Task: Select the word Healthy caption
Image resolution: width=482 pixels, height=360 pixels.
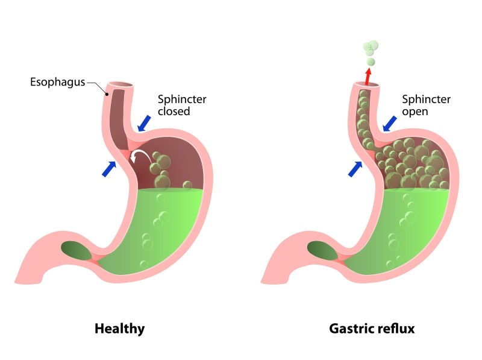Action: coord(120,329)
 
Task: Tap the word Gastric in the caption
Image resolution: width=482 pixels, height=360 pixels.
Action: coord(350,329)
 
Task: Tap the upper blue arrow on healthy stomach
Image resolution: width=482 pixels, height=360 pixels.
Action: coord(143,123)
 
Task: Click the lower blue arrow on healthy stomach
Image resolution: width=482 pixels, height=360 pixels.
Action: coord(109,168)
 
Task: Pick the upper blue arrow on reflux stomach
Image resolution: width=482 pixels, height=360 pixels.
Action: coord(390,123)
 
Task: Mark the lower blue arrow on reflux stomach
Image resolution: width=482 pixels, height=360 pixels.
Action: coord(355,168)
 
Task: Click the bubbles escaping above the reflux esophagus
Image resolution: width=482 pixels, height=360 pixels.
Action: coord(370,51)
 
